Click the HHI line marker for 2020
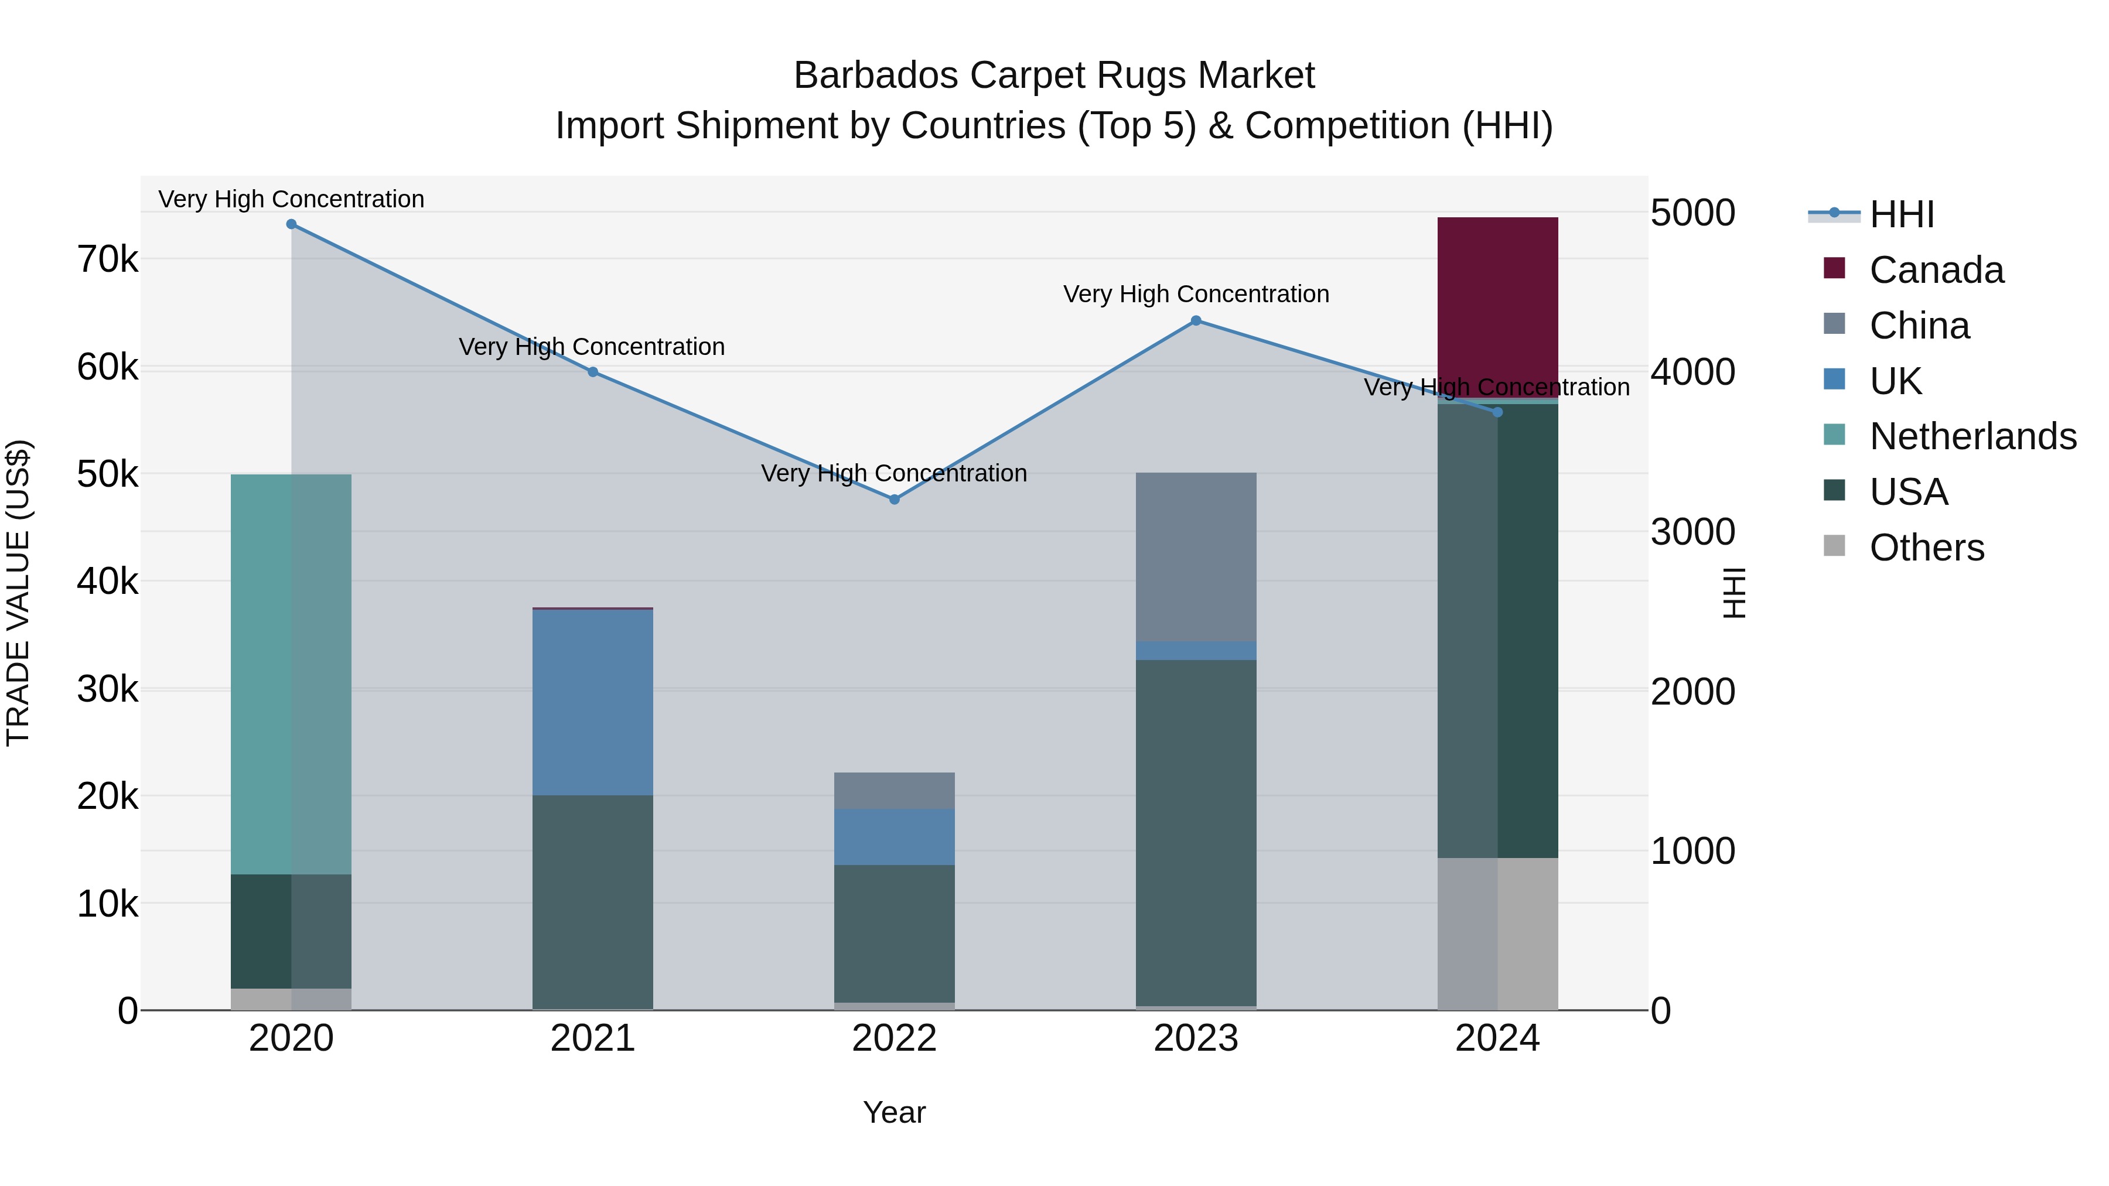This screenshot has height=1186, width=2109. click(x=292, y=224)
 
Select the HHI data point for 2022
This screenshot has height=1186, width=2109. click(x=894, y=499)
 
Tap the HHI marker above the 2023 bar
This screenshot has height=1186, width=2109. click(x=1196, y=321)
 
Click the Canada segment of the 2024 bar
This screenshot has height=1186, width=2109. click(x=1497, y=307)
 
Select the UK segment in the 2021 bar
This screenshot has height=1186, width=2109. click(x=593, y=702)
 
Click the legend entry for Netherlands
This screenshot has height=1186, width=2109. click(x=1973, y=436)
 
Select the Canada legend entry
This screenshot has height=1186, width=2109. click(x=1936, y=270)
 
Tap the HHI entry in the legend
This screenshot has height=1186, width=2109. click(x=1902, y=214)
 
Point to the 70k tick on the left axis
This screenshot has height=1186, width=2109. click(x=107, y=260)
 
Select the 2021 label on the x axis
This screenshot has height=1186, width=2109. click(x=593, y=1038)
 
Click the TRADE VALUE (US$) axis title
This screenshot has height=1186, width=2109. click(x=19, y=593)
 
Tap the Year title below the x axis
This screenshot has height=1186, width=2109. click(x=894, y=1112)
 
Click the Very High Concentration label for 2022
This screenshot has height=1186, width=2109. click(x=894, y=473)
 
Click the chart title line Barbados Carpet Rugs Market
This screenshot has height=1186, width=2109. click(x=1054, y=76)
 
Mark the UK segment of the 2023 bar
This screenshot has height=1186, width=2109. click(x=1196, y=651)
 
